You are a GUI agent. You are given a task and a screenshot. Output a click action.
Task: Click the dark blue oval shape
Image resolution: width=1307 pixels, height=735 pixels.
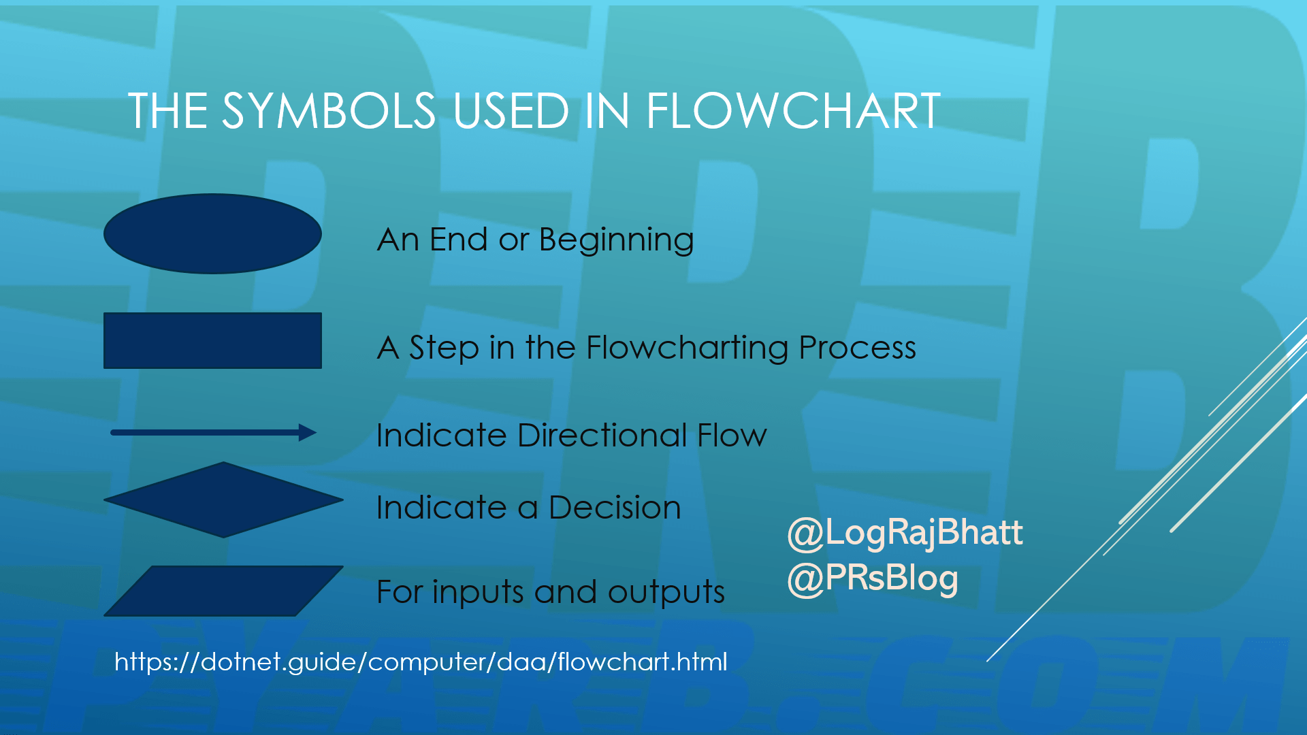[212, 233]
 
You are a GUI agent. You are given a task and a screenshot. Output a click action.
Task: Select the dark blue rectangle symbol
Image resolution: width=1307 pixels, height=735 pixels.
[212, 340]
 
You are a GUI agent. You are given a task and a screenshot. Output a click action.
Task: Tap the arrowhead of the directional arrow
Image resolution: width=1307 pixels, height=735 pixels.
[308, 432]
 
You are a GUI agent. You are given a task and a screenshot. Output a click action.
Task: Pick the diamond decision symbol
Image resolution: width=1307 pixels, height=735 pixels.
[223, 500]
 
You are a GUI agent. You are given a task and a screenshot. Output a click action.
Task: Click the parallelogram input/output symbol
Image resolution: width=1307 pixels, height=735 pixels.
[223, 591]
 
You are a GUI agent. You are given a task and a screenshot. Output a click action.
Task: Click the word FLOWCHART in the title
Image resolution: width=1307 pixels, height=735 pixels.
[793, 111]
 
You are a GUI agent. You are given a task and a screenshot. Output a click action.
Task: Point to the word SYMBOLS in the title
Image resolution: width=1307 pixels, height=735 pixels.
[329, 111]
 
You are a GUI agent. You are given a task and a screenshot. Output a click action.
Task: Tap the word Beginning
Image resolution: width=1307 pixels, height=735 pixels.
[616, 240]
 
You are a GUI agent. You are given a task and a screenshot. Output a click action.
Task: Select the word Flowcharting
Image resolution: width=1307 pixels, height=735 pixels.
[687, 348]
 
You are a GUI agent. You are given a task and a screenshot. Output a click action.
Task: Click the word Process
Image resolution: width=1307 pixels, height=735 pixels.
[857, 348]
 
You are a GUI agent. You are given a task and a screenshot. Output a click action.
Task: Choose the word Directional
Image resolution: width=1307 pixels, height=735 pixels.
[602, 435]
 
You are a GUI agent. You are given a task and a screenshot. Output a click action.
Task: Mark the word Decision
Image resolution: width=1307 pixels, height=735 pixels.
[614, 508]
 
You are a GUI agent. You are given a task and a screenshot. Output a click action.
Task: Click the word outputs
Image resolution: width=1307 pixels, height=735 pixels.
[666, 592]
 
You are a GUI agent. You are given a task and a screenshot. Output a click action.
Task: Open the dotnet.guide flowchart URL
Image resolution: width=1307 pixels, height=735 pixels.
[421, 661]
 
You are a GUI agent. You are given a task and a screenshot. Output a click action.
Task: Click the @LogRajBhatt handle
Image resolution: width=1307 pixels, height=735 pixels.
[905, 532]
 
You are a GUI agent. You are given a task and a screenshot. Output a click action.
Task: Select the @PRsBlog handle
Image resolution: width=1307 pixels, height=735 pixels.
[873, 578]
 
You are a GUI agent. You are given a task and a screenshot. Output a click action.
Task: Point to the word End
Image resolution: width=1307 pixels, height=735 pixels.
[458, 240]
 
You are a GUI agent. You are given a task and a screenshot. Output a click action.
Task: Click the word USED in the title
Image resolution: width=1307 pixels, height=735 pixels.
[511, 111]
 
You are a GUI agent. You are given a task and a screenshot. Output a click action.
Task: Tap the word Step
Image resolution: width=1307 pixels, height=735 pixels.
[444, 348]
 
